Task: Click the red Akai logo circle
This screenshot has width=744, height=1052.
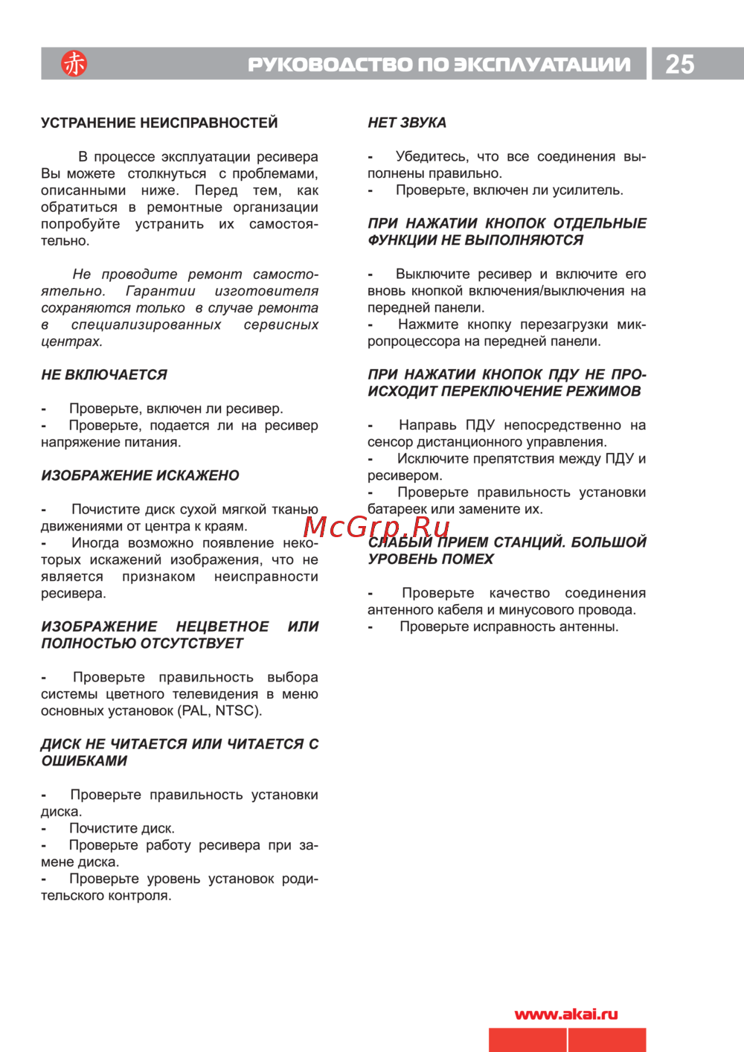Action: pyautogui.click(x=74, y=64)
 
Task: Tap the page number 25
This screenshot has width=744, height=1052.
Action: pyautogui.click(x=679, y=65)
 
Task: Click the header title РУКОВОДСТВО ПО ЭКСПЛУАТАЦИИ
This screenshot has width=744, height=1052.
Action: pyautogui.click(x=439, y=65)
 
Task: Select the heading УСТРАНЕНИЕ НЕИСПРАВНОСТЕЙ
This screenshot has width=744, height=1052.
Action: pyautogui.click(x=159, y=123)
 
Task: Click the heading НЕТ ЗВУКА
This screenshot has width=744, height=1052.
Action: pyautogui.click(x=407, y=123)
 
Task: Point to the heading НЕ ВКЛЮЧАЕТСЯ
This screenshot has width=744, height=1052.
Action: pyautogui.click(x=104, y=375)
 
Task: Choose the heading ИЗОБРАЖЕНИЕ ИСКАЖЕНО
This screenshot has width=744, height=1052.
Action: pyautogui.click(x=140, y=475)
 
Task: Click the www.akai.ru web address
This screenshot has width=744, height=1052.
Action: pyautogui.click(x=566, y=1014)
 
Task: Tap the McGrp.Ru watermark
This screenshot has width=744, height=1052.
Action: pyautogui.click(x=376, y=527)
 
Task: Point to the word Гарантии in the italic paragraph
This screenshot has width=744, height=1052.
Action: pyautogui.click(x=160, y=291)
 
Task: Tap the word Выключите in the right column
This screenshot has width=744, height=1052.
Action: pyautogui.click(x=432, y=274)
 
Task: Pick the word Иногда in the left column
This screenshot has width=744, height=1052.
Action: pyautogui.click(x=95, y=543)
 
